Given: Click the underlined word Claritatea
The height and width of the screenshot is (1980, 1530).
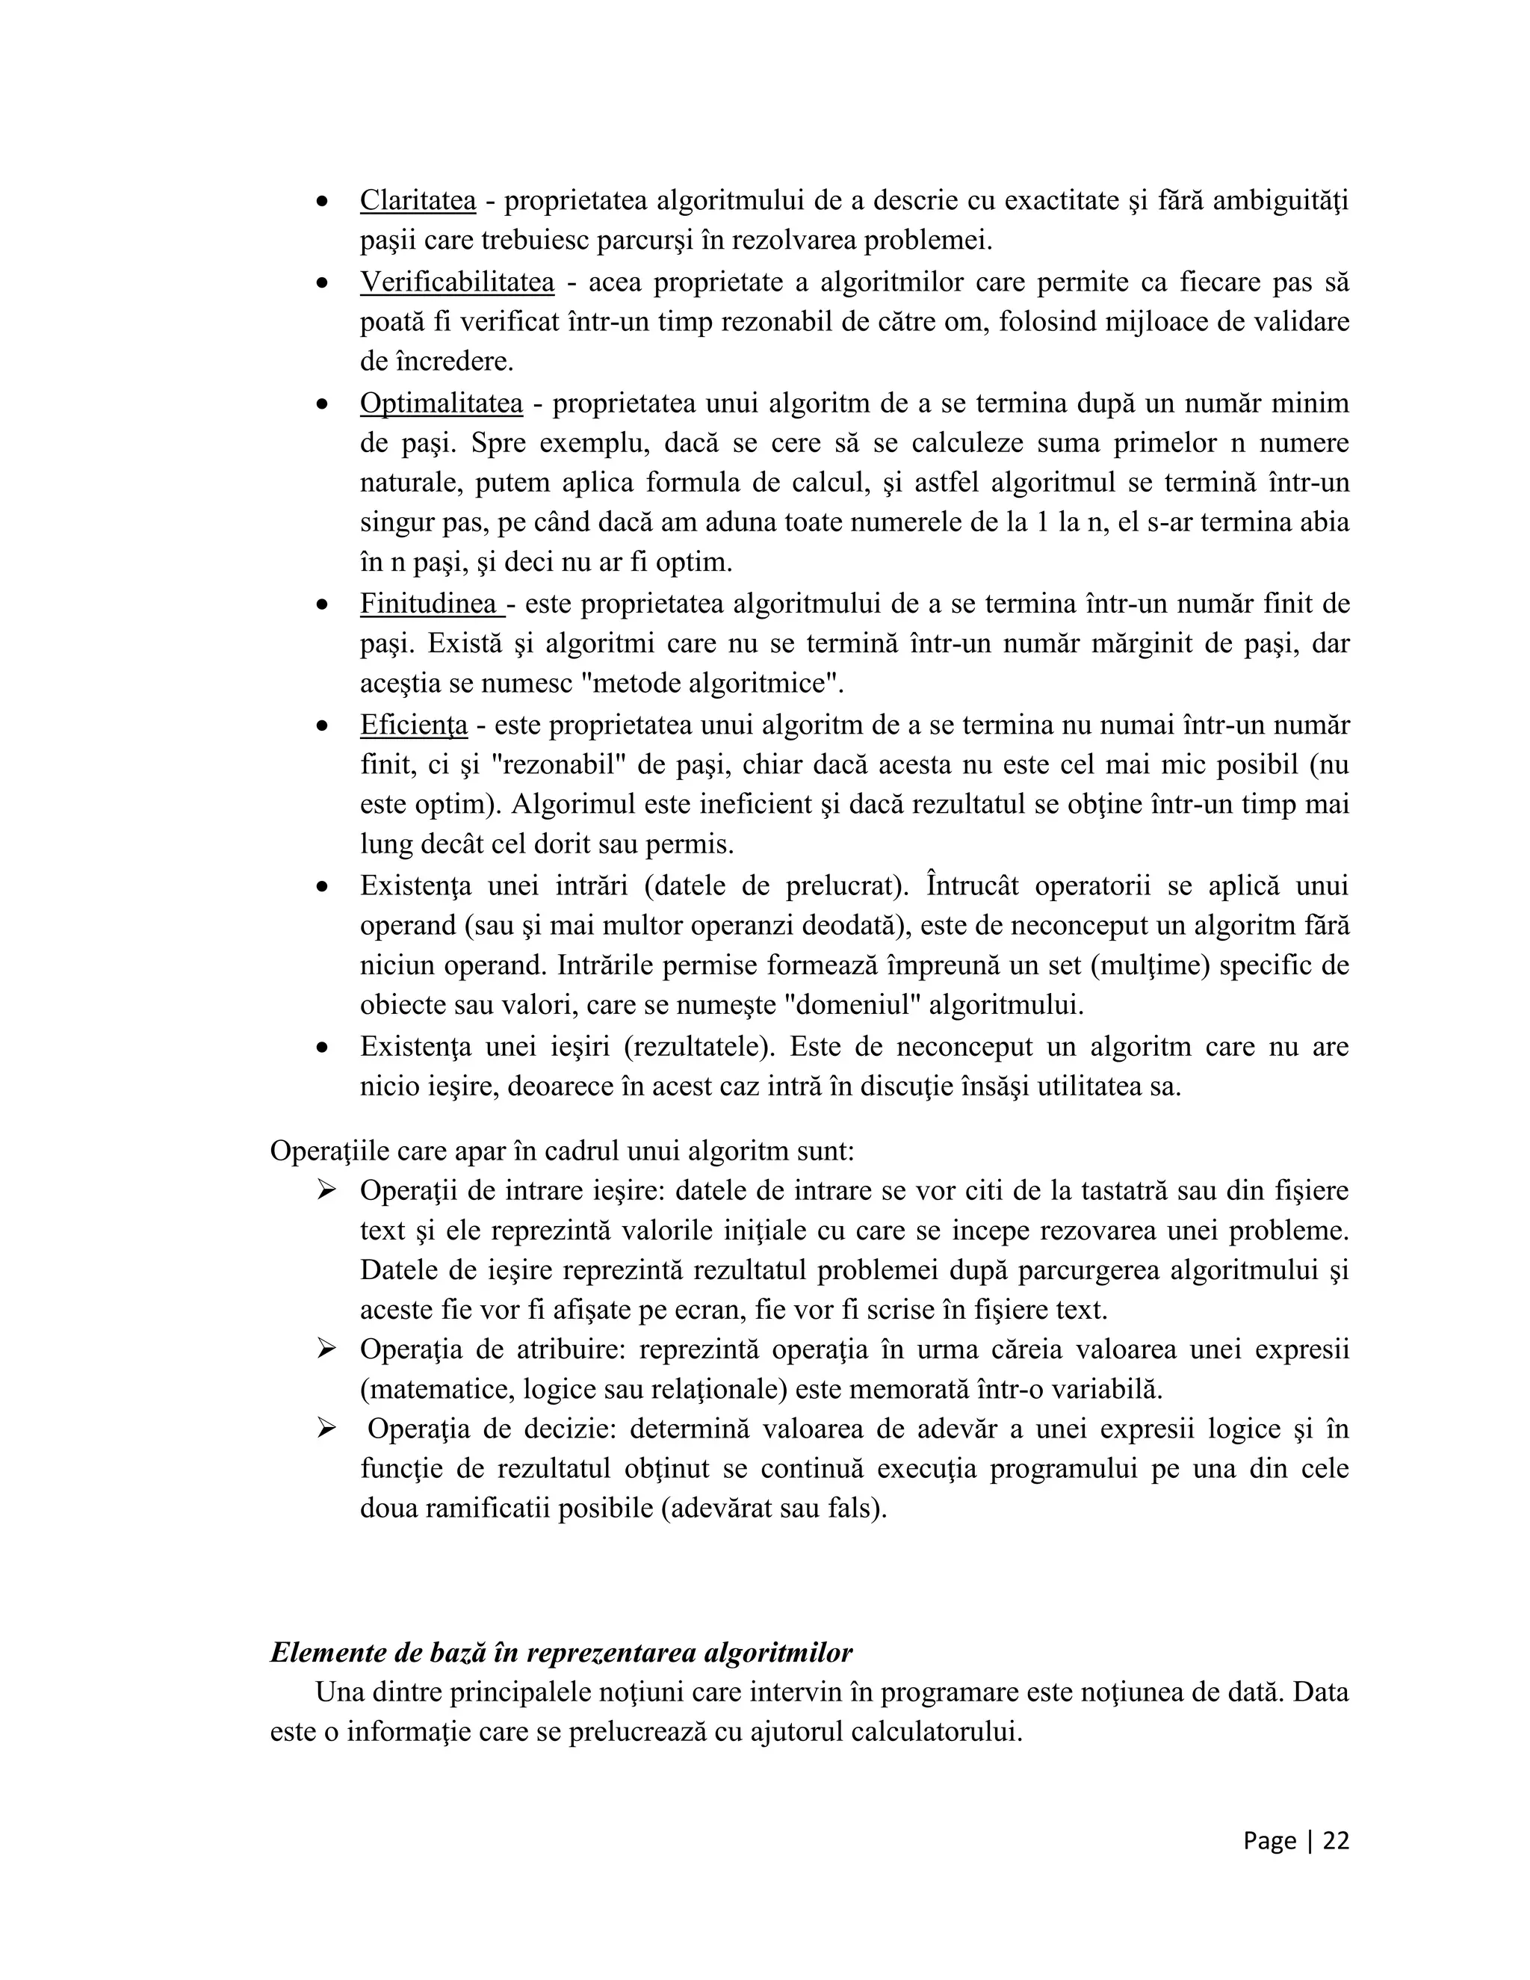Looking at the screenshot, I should point(417,200).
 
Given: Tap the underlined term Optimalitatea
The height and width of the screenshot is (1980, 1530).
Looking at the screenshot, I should point(441,403).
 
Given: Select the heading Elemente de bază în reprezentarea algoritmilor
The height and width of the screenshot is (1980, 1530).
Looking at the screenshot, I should point(561,1652).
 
